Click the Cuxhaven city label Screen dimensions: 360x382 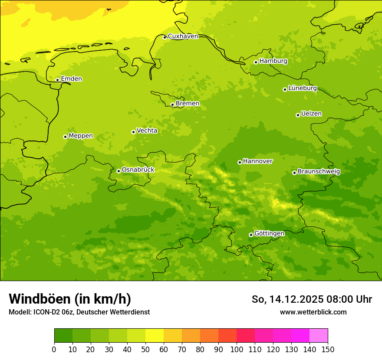tap(183, 36)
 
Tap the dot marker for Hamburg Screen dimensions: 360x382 tap(256, 62)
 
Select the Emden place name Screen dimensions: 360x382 tap(71, 79)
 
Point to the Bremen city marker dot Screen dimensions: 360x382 tap(172, 105)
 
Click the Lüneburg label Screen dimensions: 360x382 tap(303, 88)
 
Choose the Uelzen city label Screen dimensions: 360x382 tap(311, 114)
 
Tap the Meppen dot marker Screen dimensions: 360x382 tap(65, 137)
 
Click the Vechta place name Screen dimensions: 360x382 tap(147, 131)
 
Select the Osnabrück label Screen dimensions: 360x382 tap(138, 170)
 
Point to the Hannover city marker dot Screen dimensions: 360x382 tap(240, 162)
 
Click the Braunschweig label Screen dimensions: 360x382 tap(319, 171)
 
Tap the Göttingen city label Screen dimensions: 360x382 tap(269, 233)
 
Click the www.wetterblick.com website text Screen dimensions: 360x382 tap(313, 312)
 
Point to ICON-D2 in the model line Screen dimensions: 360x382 tap(47, 312)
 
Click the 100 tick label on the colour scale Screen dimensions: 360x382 tap(237, 349)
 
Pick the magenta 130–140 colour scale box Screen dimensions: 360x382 tap(300, 336)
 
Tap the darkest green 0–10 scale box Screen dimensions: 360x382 tap(63, 336)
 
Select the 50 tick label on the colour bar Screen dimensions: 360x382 tap(145, 349)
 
